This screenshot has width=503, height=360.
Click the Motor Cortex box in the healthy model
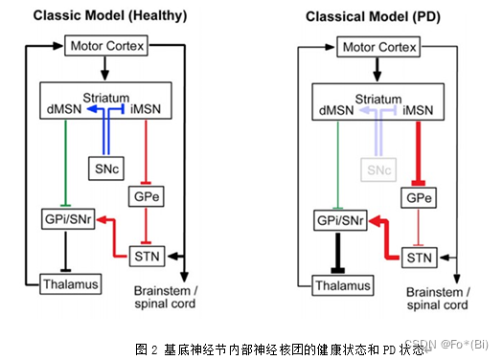[103, 46]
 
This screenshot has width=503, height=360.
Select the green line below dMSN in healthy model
[62, 163]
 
